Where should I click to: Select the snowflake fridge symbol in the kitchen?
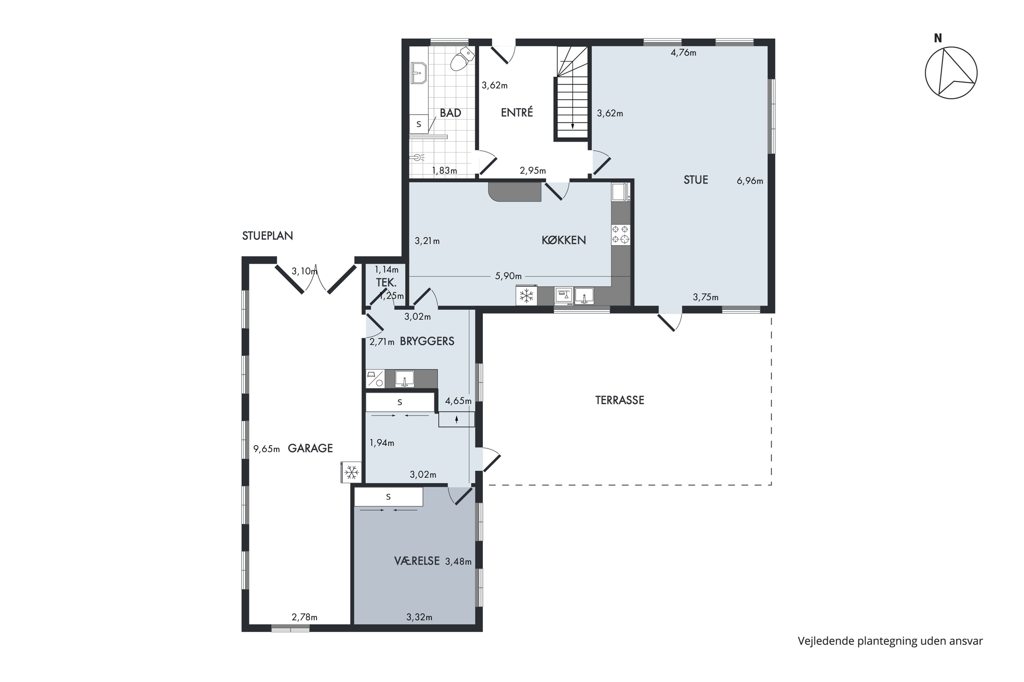tap(526, 296)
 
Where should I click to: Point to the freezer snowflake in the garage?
tap(351, 472)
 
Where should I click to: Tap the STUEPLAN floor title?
tap(267, 236)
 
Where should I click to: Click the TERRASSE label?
tap(620, 400)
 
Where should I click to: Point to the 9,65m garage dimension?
tap(267, 449)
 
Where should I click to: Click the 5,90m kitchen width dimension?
tap(508, 276)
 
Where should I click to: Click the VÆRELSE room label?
tap(417, 561)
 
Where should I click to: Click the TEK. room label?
tap(386, 283)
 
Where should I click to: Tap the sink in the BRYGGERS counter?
tap(404, 379)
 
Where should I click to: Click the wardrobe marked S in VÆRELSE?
tap(388, 497)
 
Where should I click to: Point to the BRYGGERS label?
tap(427, 341)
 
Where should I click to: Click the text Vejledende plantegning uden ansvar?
tap(890, 641)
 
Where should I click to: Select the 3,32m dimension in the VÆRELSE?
tap(419, 617)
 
